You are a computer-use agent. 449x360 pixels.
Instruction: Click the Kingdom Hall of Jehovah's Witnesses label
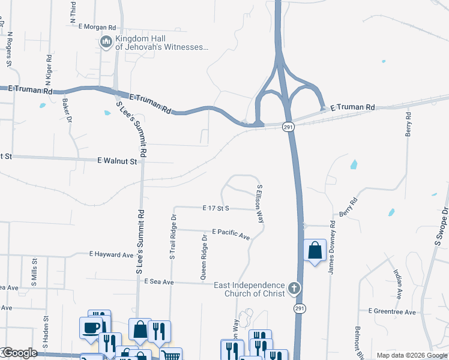(162, 41)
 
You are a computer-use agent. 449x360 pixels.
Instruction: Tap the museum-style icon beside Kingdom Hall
(106, 41)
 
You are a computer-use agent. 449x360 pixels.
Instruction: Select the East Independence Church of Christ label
(249, 289)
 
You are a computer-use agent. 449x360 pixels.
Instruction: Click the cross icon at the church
(294, 289)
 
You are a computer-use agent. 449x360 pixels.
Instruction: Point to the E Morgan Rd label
(97, 27)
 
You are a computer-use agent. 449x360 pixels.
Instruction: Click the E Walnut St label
(117, 161)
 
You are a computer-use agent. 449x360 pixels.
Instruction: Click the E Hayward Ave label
(111, 254)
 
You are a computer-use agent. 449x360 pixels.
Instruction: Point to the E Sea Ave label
(158, 281)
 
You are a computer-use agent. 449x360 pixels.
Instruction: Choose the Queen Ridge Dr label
(204, 257)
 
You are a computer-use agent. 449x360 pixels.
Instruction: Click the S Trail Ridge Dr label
(173, 237)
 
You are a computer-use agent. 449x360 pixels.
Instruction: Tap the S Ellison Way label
(261, 199)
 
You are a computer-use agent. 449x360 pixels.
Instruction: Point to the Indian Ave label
(397, 282)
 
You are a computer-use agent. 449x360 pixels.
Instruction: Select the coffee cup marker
(91, 328)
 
